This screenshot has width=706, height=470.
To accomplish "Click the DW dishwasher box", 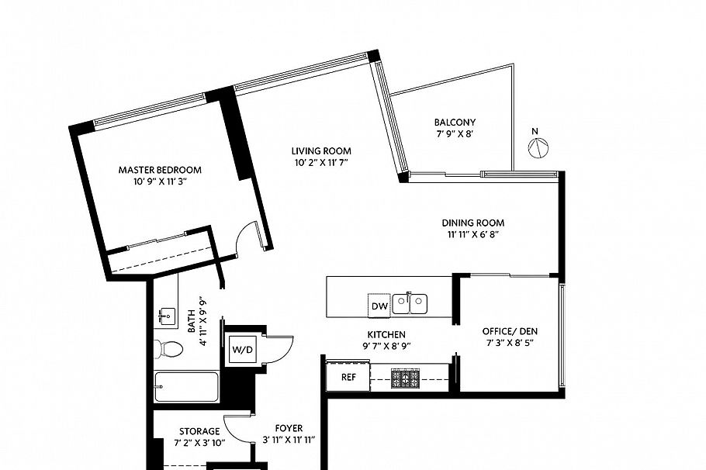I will point(379,306).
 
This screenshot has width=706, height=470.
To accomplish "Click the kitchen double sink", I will point(410,302).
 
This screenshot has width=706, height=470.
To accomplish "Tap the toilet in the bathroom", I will point(167,349).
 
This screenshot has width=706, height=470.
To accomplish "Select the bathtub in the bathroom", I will point(187,385).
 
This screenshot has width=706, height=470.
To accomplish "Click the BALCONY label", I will point(455,122).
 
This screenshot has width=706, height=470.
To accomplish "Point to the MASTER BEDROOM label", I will point(160,170).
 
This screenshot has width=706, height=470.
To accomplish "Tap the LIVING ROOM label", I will point(321,150).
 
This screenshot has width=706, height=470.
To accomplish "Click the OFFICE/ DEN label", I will point(510,331).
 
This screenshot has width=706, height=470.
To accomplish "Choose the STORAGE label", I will point(199,431).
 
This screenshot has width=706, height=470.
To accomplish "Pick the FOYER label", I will point(289,428).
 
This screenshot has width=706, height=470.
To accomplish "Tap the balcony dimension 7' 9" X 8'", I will point(455,133).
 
